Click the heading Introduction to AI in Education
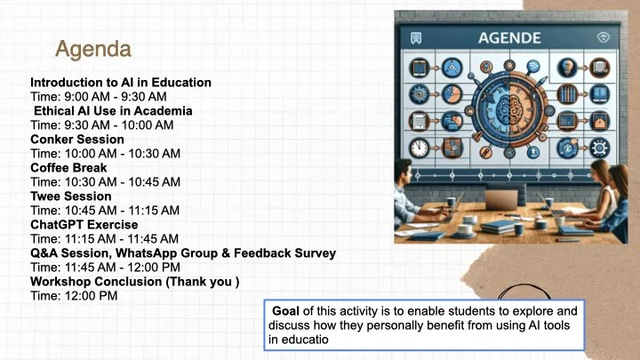coord(121,83)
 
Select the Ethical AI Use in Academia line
coord(113,111)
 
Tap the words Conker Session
coord(71,140)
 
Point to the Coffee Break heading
coord(68,168)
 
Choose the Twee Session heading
coord(71,196)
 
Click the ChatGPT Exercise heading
coord(84,225)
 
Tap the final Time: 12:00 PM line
coord(75,296)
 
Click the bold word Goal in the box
coord(286,311)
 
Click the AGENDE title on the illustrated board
coord(509,38)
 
